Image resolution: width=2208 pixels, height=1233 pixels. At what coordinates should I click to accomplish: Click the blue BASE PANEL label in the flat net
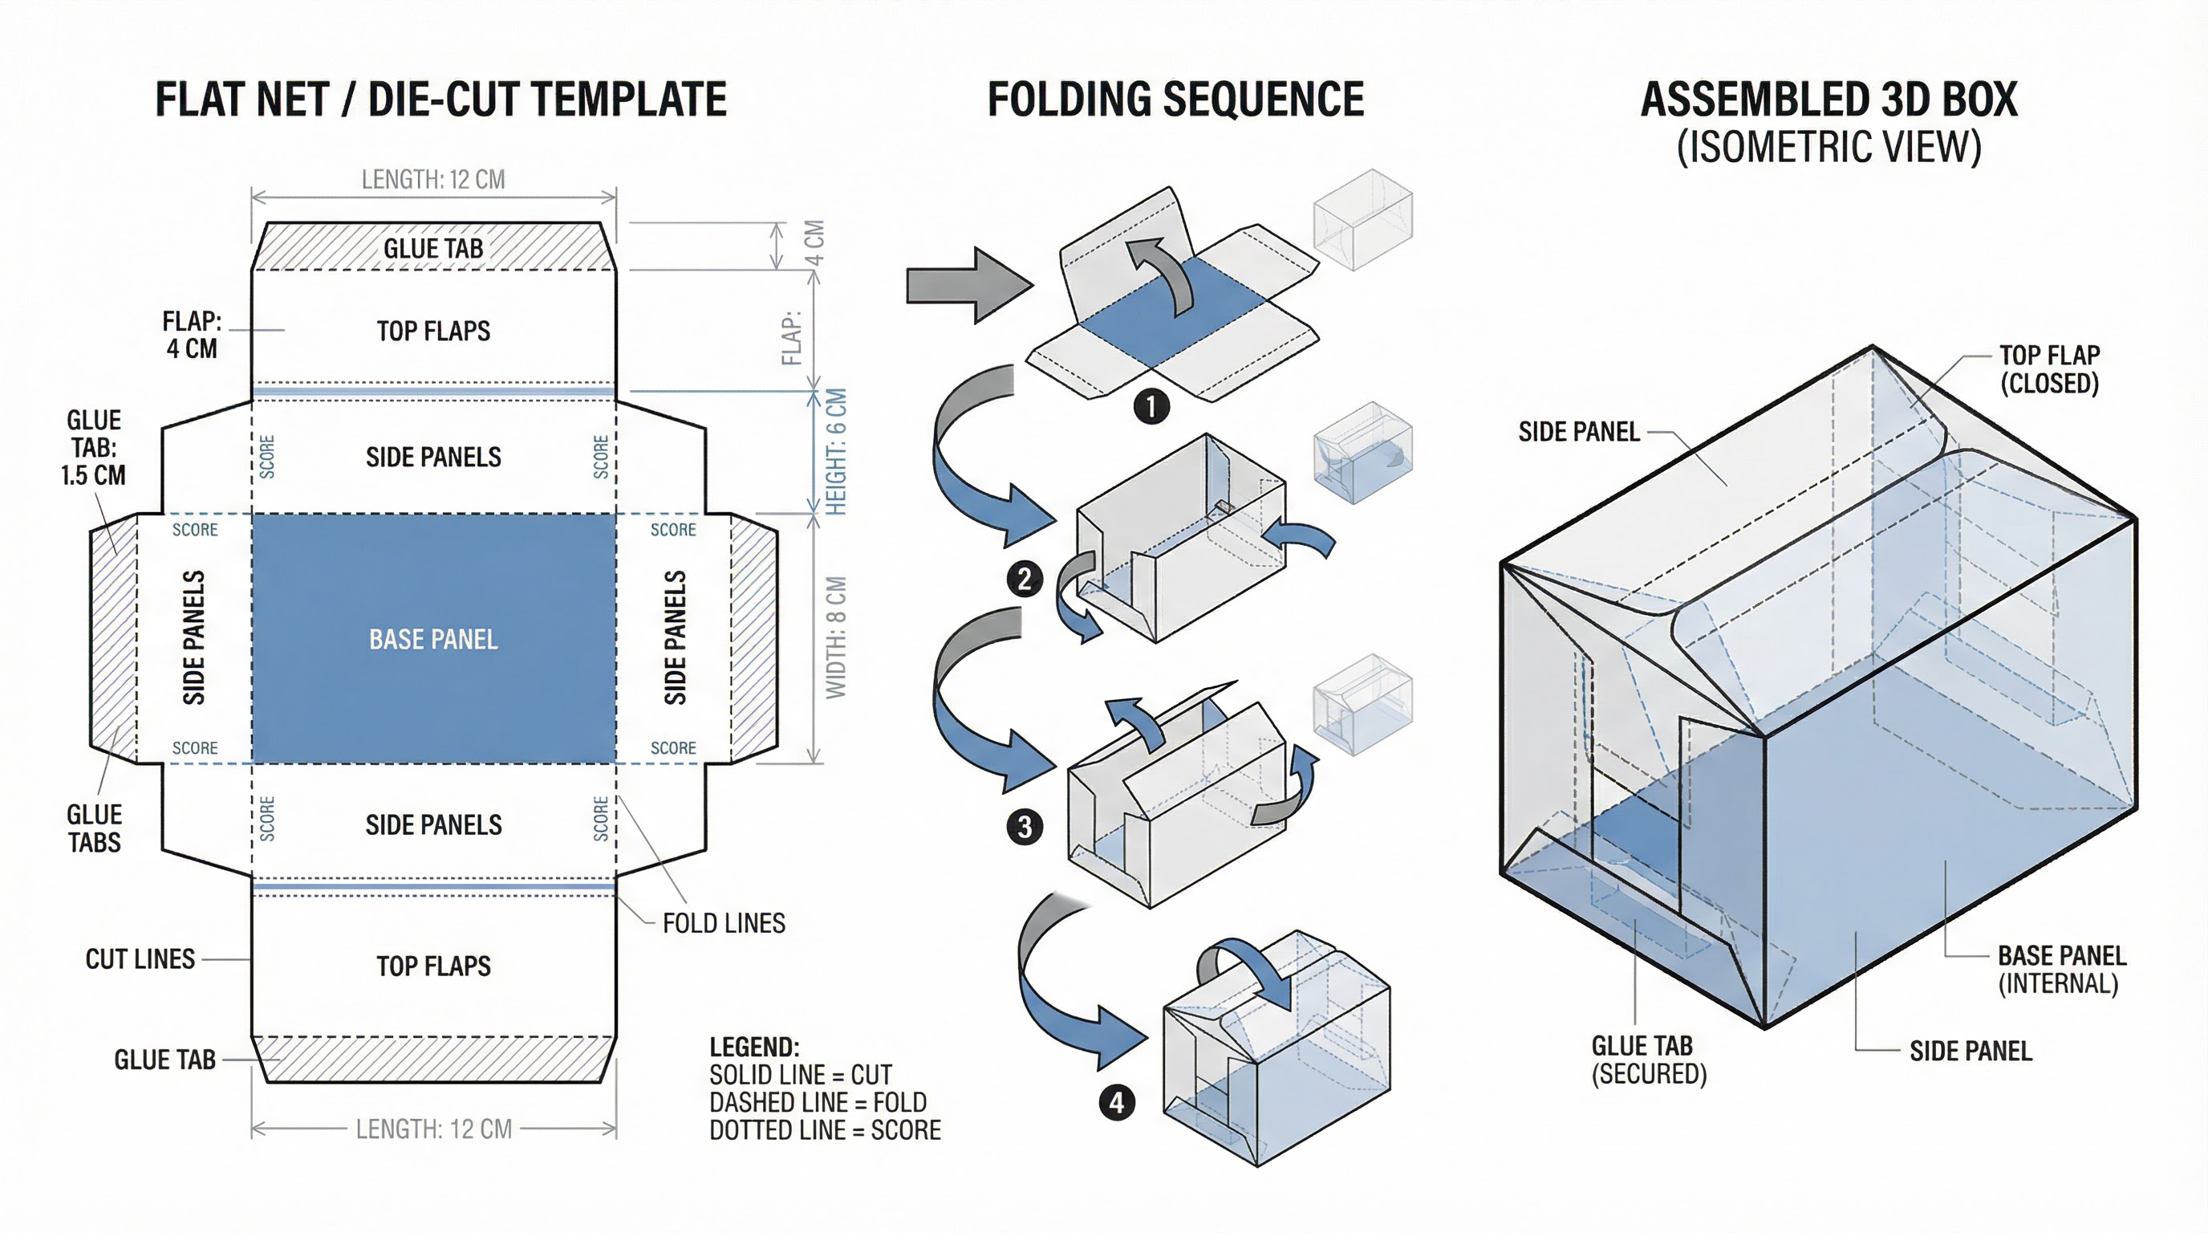coord(433,639)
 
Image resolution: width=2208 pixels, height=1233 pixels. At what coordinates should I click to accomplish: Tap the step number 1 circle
coord(1151,405)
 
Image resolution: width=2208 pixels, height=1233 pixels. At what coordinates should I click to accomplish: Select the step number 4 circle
coord(1117,1102)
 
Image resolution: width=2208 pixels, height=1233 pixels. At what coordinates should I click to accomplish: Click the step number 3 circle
coord(1025,827)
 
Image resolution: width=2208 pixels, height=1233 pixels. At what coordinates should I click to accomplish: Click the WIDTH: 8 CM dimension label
coord(836,637)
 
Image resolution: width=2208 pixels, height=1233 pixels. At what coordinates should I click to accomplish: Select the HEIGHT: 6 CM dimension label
coord(836,452)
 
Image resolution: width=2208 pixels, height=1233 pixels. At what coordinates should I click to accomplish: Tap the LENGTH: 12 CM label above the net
coord(433,179)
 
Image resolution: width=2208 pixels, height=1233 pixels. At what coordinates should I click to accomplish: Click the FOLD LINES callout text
coord(724,922)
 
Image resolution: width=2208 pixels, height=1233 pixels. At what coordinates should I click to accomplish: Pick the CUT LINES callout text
coord(140,958)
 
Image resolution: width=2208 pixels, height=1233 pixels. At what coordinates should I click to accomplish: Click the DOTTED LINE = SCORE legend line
coord(825,1130)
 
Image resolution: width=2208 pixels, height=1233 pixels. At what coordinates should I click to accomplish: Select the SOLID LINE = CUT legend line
coord(800,1074)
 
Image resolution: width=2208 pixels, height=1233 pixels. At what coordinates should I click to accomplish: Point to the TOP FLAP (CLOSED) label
coord(2049,368)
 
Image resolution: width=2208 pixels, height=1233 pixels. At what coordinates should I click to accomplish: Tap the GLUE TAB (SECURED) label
coord(1647,1059)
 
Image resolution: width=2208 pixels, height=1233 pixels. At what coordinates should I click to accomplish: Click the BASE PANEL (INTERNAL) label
coord(2060,969)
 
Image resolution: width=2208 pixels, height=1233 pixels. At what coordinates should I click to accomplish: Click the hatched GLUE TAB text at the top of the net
coord(433,248)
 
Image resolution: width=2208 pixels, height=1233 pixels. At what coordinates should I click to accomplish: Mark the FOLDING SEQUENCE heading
coord(1175,100)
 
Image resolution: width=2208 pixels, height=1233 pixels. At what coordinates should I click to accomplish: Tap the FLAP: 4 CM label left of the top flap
coord(192,335)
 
